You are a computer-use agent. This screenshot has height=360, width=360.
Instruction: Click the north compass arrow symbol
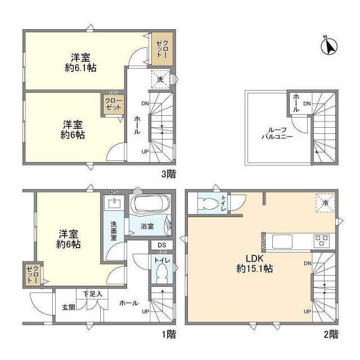click(x=328, y=47)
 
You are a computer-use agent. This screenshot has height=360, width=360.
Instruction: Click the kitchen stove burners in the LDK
click(x=322, y=241)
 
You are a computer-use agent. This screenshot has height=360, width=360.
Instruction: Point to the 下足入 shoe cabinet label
click(x=92, y=294)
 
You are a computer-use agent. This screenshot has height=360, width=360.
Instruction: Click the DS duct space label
click(x=161, y=245)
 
